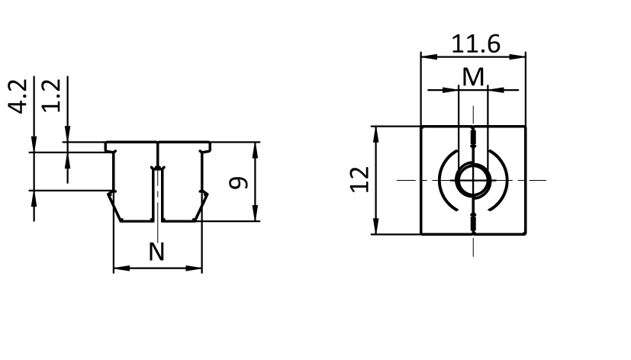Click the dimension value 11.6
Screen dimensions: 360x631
(x=475, y=43)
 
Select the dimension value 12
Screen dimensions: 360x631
(x=360, y=180)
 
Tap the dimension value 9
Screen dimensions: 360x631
(x=240, y=182)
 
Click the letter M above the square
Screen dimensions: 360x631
(x=474, y=77)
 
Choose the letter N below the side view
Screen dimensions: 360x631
(x=156, y=252)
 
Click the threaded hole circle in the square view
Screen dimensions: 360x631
(x=473, y=181)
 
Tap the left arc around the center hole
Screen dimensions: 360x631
(x=444, y=181)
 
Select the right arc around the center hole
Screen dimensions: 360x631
(x=502, y=181)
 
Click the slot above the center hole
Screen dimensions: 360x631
(x=473, y=140)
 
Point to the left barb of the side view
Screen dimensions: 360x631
(x=112, y=202)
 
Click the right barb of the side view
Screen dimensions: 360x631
(x=204, y=202)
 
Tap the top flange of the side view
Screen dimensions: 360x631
(x=157, y=145)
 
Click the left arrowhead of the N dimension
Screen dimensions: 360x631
(x=118, y=268)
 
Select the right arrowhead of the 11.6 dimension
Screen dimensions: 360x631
(x=521, y=56)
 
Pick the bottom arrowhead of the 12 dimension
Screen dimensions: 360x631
(x=375, y=230)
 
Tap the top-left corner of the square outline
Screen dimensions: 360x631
(x=421, y=127)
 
